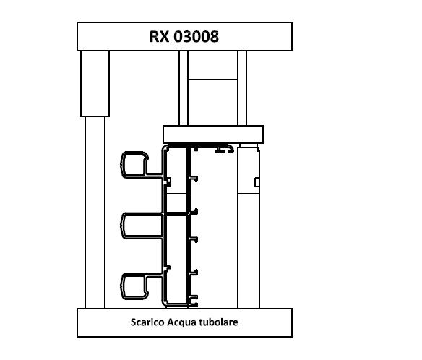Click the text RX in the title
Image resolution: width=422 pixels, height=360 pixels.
click(x=159, y=37)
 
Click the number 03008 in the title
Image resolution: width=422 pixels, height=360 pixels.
click(x=197, y=37)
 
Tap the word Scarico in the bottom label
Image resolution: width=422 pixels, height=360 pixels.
click(x=147, y=322)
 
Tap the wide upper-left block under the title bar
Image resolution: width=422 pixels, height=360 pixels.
click(x=95, y=83)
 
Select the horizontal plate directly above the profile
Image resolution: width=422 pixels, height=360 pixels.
click(x=213, y=134)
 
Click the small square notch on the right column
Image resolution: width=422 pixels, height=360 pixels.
click(x=257, y=182)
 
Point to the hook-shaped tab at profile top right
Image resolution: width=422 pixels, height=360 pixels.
click(x=225, y=150)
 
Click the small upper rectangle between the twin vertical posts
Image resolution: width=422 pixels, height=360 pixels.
click(x=213, y=65)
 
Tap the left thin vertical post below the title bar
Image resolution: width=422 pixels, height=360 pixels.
click(x=184, y=88)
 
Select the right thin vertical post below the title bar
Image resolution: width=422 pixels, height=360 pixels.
click(x=242, y=88)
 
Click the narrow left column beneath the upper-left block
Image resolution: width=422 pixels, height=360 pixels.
click(x=95, y=213)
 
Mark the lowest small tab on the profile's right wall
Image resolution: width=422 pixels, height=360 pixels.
click(x=194, y=297)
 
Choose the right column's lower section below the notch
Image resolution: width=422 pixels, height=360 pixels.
click(x=249, y=251)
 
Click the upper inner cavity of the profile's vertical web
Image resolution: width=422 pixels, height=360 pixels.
click(x=177, y=171)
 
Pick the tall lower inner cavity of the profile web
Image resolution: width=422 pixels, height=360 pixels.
click(x=177, y=260)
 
